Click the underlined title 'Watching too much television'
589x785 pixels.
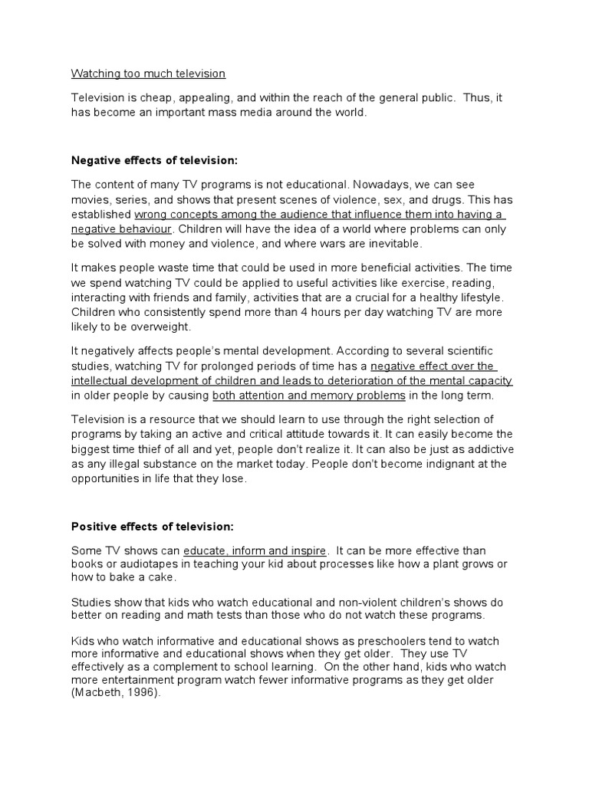tap(148, 74)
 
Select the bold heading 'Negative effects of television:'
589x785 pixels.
tap(154, 160)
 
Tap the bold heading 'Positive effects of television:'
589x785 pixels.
tap(153, 527)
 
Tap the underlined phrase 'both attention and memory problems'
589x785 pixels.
tap(308, 396)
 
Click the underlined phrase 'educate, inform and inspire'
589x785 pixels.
tap(255, 550)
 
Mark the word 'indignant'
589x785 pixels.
tap(417, 464)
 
